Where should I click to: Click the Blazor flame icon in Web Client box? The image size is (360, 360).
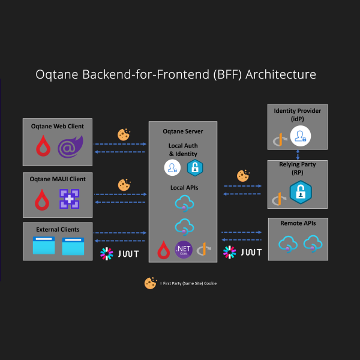pos(70,147)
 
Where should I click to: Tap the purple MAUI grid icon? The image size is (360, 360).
pos(70,199)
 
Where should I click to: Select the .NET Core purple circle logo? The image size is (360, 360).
pos(184,250)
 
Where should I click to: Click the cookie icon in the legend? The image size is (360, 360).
pos(151,283)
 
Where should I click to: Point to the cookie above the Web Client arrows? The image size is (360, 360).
pos(124,134)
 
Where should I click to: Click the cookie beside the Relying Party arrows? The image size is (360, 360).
pos(243,176)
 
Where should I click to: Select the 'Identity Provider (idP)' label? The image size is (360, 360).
pos(298,115)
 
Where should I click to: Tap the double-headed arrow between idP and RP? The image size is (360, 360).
pos(298,155)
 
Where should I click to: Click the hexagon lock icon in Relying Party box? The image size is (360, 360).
pos(301,192)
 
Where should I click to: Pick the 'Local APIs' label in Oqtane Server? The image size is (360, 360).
pos(184,188)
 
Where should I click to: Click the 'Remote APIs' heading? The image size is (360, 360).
pos(298,223)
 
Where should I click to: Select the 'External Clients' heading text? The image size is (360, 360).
pos(58,229)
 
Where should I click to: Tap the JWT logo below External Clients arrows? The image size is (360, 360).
pos(119,254)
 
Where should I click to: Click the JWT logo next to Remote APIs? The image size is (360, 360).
pos(242,252)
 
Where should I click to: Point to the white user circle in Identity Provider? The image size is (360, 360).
pos(301,136)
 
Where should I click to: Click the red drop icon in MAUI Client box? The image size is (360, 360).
pos(42,200)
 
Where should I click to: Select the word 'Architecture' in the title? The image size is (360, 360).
pos(281,74)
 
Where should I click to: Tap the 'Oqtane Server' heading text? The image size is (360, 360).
pos(183,131)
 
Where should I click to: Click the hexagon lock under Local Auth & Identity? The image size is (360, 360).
pos(195,168)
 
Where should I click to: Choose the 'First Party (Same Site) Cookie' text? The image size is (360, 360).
pos(188,283)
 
